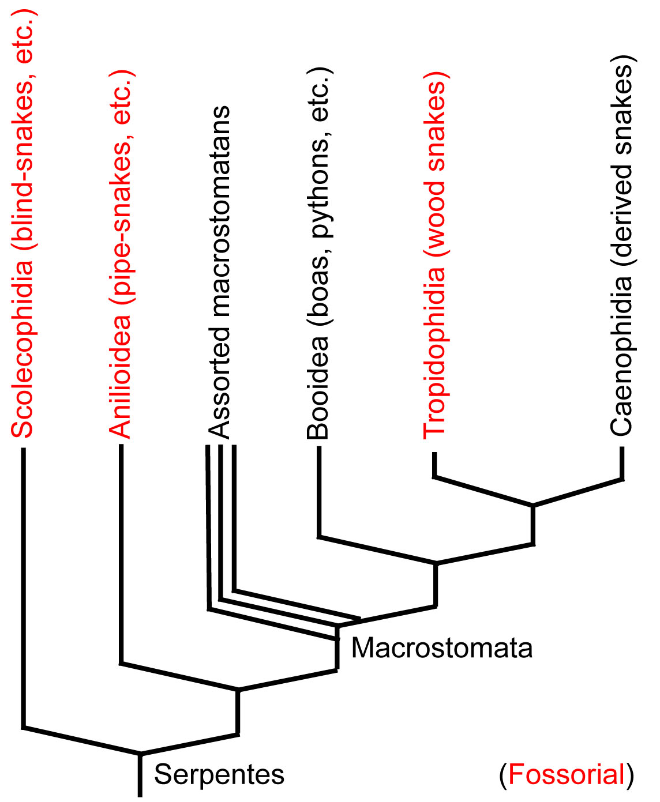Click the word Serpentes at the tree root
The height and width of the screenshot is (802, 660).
tap(219, 774)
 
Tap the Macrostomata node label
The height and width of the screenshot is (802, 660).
tap(441, 648)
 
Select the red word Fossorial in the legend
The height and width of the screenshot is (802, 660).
tap(567, 774)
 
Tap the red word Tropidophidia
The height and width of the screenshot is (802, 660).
tap(434, 351)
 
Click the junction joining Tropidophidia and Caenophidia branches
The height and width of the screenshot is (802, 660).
tap(532, 506)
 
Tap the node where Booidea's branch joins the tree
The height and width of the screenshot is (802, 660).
tap(436, 563)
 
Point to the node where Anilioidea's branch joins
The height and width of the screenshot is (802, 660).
tap(238, 689)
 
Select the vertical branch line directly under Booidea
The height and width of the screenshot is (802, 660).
tap(318, 490)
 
